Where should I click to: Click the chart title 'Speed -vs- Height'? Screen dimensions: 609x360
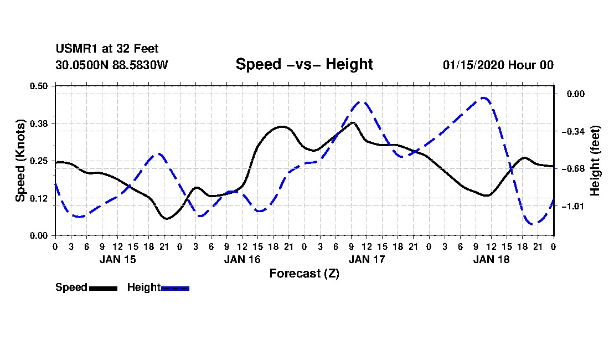[304, 64]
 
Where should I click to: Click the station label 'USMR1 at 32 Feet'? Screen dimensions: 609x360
[107, 49]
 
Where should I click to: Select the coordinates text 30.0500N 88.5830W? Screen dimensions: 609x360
[112, 65]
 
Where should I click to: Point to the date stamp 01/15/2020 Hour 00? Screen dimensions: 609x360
[498, 65]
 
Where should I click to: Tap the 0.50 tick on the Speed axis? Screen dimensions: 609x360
[39, 86]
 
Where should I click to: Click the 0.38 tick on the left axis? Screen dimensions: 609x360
[39, 124]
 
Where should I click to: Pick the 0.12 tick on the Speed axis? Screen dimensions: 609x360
[39, 198]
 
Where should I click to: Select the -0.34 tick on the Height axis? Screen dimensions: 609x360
[573, 132]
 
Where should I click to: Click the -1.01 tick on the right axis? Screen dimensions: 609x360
[573, 206]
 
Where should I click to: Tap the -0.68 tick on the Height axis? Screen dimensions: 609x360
[573, 169]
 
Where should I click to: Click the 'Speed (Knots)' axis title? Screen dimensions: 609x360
[20, 161]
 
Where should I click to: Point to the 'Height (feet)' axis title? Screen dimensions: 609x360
[595, 161]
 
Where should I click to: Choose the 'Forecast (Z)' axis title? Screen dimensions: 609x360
[304, 274]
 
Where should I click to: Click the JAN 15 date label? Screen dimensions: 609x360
[118, 260]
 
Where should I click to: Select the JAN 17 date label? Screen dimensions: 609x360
[367, 260]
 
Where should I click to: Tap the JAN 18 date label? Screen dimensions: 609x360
[491, 260]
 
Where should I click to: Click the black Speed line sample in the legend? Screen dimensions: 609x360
[104, 288]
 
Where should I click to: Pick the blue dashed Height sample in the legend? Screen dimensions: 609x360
[175, 288]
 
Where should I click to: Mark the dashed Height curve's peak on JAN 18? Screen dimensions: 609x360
[483, 98]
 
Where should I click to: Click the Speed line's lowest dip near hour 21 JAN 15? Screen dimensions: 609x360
[166, 219]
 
